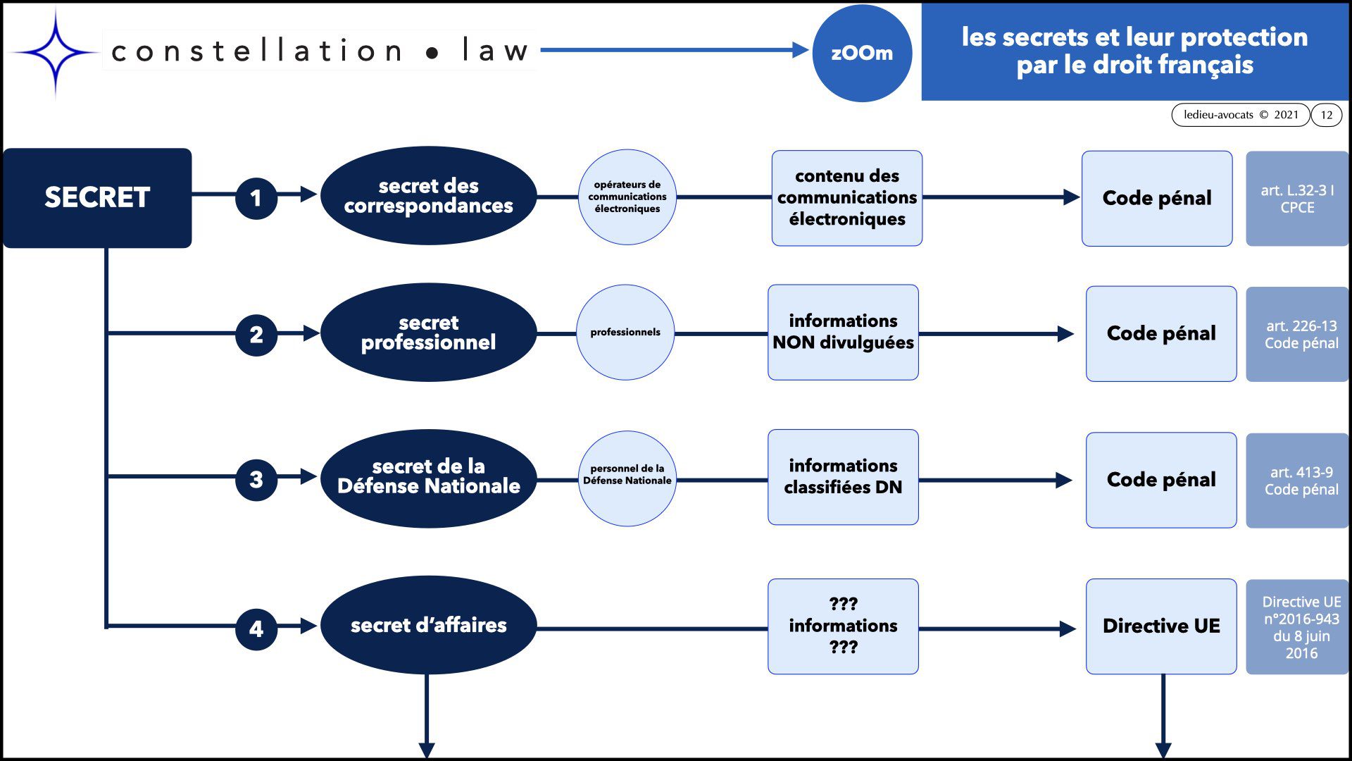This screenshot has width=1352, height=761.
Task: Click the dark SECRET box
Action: (97, 197)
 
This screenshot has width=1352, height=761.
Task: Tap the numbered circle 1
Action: (256, 198)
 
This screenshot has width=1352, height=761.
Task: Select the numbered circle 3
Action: (256, 480)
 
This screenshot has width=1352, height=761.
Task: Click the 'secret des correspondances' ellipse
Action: (428, 196)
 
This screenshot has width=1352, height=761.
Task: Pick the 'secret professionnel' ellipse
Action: (428, 333)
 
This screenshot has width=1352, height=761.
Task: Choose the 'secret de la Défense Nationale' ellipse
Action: (428, 478)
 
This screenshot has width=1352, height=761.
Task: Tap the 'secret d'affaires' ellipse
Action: (428, 625)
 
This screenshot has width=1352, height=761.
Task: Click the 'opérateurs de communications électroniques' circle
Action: (627, 197)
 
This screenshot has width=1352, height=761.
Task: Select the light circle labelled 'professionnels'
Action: (625, 333)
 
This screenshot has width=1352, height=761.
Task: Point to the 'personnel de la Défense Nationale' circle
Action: (627, 478)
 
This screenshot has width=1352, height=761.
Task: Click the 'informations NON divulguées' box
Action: (843, 333)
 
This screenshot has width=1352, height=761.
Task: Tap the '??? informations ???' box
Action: (843, 626)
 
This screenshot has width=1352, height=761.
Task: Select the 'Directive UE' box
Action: (1161, 626)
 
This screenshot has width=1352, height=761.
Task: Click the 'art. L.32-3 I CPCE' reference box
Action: (1297, 199)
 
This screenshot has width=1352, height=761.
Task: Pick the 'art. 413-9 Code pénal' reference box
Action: (1297, 481)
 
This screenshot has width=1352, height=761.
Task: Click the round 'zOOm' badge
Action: (862, 54)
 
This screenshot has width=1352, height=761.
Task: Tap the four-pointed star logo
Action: (55, 52)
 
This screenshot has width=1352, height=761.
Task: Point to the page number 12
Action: (1327, 115)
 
